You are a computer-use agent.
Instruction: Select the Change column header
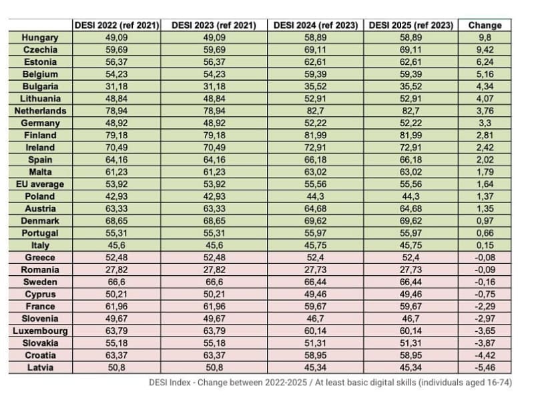(485, 25)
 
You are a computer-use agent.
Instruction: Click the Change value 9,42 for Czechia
(485, 49)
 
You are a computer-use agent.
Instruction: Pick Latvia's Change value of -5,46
(485, 367)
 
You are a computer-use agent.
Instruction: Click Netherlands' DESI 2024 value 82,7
(314, 110)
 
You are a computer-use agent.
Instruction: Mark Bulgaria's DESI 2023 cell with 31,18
(215, 86)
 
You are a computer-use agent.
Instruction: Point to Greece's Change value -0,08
(485, 257)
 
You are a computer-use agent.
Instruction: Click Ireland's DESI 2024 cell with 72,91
(314, 147)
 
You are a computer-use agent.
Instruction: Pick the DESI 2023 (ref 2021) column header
(215, 25)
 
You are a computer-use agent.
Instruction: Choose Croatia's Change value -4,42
(485, 355)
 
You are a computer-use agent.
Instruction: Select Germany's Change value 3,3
(485, 123)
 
